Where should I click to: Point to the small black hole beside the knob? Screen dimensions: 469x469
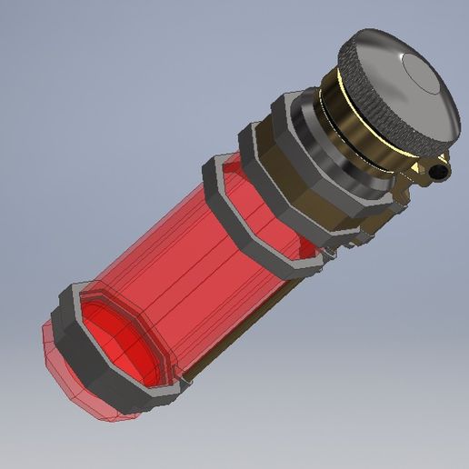tap(442, 170)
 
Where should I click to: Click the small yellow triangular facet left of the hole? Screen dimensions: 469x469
tap(420, 167)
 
